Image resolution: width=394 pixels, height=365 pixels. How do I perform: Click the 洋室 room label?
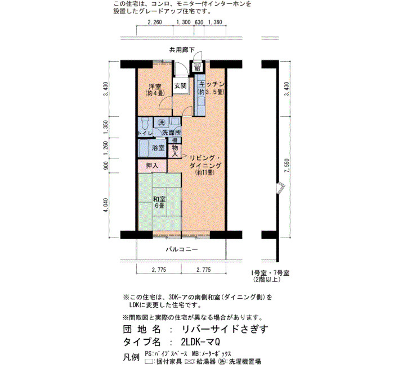pos(155,86)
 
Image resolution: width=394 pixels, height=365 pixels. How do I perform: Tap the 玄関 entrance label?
pos(181,86)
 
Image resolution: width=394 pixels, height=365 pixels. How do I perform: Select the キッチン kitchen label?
pos(212,84)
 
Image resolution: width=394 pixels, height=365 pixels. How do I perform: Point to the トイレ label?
pos(145,133)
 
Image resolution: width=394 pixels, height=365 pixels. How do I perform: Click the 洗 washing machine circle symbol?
pos(161,122)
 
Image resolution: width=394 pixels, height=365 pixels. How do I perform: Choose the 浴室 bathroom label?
pos(158,148)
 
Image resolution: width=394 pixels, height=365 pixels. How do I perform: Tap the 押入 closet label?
pos(152,166)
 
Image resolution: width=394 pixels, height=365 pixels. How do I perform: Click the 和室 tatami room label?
pos(159,199)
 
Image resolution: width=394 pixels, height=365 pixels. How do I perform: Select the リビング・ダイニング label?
pos(205,162)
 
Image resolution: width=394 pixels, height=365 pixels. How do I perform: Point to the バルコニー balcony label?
pos(182,249)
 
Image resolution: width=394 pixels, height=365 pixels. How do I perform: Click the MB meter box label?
pos(197,69)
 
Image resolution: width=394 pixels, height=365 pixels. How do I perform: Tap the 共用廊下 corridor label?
pos(182,50)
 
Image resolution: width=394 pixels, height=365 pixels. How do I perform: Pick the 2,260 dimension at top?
pos(155,22)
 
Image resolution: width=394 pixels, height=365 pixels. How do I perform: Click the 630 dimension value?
pos(199,22)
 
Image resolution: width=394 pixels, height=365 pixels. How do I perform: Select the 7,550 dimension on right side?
pos(286,166)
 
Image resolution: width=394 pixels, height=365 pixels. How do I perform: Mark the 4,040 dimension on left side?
pos(106,205)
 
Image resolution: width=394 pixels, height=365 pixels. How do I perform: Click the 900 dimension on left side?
pos(106,166)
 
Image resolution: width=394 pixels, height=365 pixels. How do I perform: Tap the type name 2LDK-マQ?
pos(200,341)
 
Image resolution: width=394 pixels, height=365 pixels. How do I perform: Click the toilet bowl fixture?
pos(145,123)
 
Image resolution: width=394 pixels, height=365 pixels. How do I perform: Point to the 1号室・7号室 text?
pos(270,273)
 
